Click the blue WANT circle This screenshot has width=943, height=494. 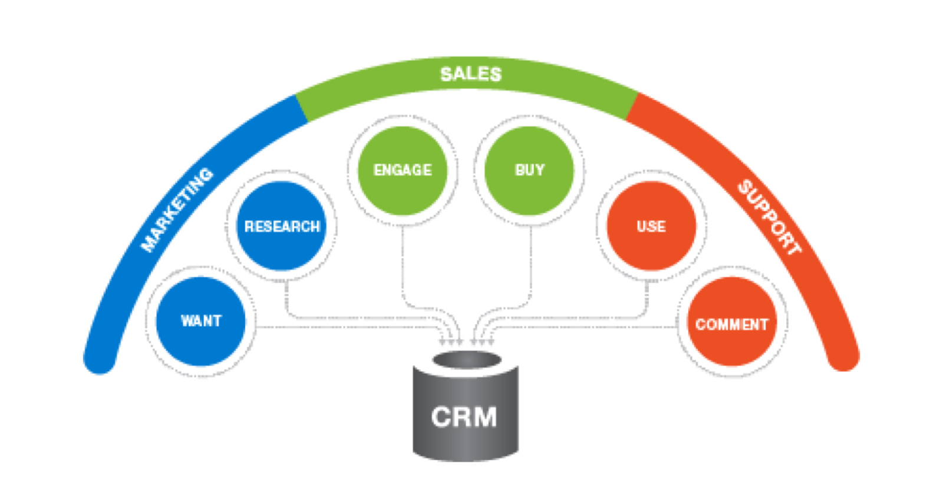point(201,321)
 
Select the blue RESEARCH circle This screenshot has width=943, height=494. point(282,227)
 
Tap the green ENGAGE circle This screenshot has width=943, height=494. point(403,170)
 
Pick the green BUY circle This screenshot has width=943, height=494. point(529,170)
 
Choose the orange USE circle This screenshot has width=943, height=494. point(651,227)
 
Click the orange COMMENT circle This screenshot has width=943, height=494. point(731,324)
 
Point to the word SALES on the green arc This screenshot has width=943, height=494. point(470,74)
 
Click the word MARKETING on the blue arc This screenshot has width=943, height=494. point(177,209)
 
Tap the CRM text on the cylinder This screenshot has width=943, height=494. point(464,417)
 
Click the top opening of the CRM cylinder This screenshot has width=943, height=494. point(466,360)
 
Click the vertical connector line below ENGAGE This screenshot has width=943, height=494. point(403,265)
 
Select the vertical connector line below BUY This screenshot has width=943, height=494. point(530,265)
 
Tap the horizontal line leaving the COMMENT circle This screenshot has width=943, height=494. point(589,326)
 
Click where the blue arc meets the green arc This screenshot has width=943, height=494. point(301,109)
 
